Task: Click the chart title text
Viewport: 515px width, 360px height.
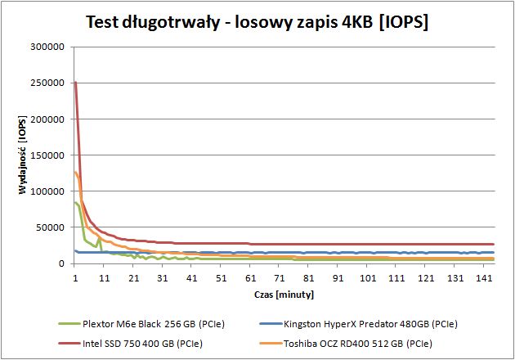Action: (257, 22)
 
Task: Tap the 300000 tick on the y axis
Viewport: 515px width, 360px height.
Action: (47, 47)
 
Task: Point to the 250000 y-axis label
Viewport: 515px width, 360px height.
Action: (47, 83)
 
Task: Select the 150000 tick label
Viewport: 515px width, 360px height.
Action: (47, 155)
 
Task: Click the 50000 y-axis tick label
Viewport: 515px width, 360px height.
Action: (50, 227)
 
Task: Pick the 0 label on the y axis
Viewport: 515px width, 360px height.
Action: (61, 263)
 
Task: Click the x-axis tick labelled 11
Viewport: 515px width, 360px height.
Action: (104, 278)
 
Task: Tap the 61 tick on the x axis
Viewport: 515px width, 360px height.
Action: (250, 278)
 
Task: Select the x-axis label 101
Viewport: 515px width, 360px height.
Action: (368, 278)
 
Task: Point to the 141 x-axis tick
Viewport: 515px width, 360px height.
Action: (484, 278)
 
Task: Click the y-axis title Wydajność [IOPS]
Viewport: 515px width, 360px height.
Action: (22, 155)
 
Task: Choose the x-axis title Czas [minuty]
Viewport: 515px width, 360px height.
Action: (284, 295)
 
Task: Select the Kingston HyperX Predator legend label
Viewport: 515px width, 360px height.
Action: (370, 324)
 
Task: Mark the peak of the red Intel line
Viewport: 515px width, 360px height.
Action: (76, 82)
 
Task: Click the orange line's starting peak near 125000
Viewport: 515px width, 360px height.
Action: (75, 172)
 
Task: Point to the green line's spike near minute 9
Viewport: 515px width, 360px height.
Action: (99, 239)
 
